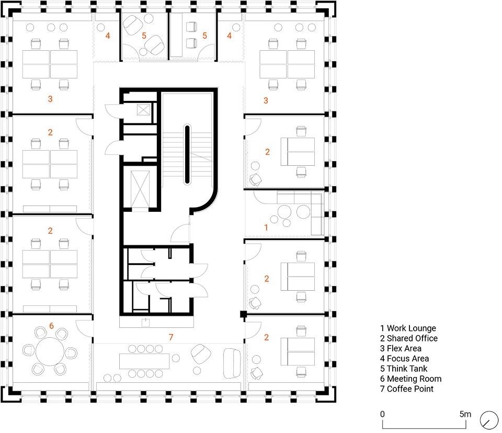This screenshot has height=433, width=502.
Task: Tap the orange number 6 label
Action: pos(52,326)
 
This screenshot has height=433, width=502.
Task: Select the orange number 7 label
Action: pos(171,337)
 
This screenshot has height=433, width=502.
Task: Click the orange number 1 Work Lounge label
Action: pos(266,227)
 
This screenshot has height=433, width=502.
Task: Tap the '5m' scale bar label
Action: pos(465,414)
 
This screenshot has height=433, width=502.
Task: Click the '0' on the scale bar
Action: pos(382,414)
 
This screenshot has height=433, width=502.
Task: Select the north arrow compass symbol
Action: pos(489,420)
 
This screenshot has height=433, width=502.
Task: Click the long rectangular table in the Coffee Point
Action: pos(144,361)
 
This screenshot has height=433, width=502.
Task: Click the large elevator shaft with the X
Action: pos(140,189)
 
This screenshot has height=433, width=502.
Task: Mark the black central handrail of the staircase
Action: pos(187,155)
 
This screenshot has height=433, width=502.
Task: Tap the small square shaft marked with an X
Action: pos(143,110)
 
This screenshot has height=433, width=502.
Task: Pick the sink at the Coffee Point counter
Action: pos(145,322)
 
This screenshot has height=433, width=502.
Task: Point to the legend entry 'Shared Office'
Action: pos(408,338)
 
